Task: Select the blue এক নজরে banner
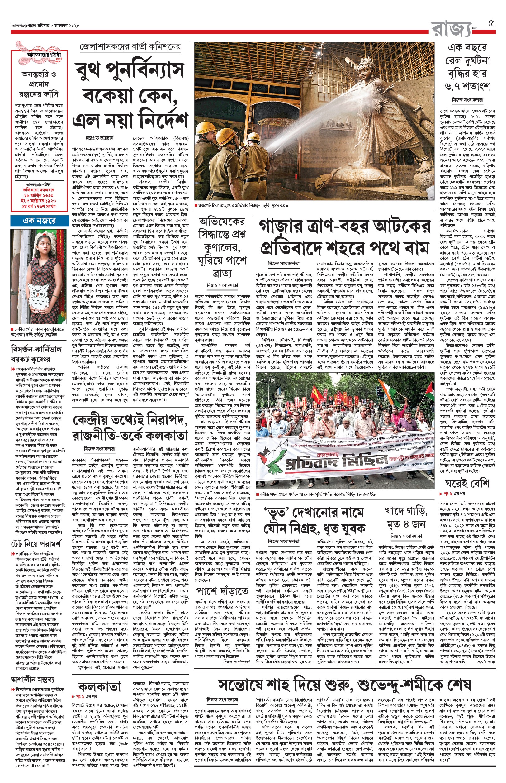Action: point(40,221)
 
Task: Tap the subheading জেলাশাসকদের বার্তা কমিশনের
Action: point(130,47)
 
